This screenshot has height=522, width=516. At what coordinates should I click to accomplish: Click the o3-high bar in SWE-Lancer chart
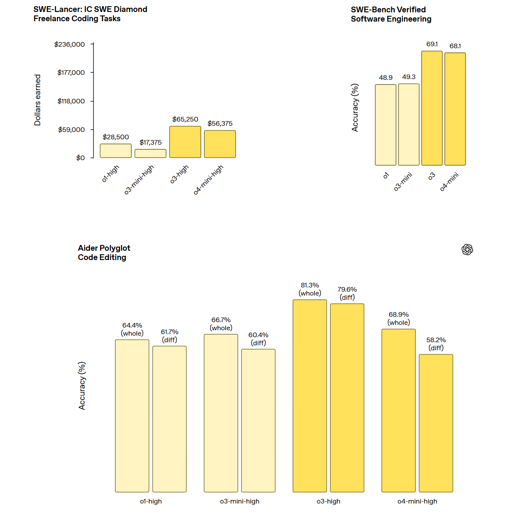pos(185,142)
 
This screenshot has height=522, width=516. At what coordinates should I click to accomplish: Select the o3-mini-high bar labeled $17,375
pos(150,154)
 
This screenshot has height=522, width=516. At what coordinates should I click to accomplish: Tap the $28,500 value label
pos(116,137)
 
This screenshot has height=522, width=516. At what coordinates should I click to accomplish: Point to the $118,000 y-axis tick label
pos(71,101)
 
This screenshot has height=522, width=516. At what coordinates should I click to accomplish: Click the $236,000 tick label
pos(70,44)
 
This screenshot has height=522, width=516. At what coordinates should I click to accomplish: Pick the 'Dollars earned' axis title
pos(37,100)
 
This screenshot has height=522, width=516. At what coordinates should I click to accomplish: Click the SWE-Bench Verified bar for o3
pos(432,108)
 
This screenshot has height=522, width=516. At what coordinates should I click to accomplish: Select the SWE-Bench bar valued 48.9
pos(385,125)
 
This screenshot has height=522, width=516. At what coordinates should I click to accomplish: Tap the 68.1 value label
pos(455,46)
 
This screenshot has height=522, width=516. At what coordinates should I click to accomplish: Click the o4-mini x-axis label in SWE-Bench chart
pos(450,181)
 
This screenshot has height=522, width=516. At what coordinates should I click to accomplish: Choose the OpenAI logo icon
pos(467,250)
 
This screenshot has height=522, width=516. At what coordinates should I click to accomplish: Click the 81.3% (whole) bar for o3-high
pos(310,396)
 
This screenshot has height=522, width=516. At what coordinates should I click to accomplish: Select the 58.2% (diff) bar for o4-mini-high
pos(436,423)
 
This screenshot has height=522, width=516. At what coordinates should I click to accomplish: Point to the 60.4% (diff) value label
pos(258,339)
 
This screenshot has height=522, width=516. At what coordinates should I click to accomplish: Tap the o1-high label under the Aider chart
pos(151,501)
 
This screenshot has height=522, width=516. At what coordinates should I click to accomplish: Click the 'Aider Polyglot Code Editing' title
pos(104,253)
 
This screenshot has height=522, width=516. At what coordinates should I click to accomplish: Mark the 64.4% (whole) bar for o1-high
pos(132,416)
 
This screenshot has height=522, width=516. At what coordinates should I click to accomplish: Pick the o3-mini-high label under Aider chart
pos(240,501)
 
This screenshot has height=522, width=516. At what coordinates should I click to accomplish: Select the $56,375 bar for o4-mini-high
pos(220,144)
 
